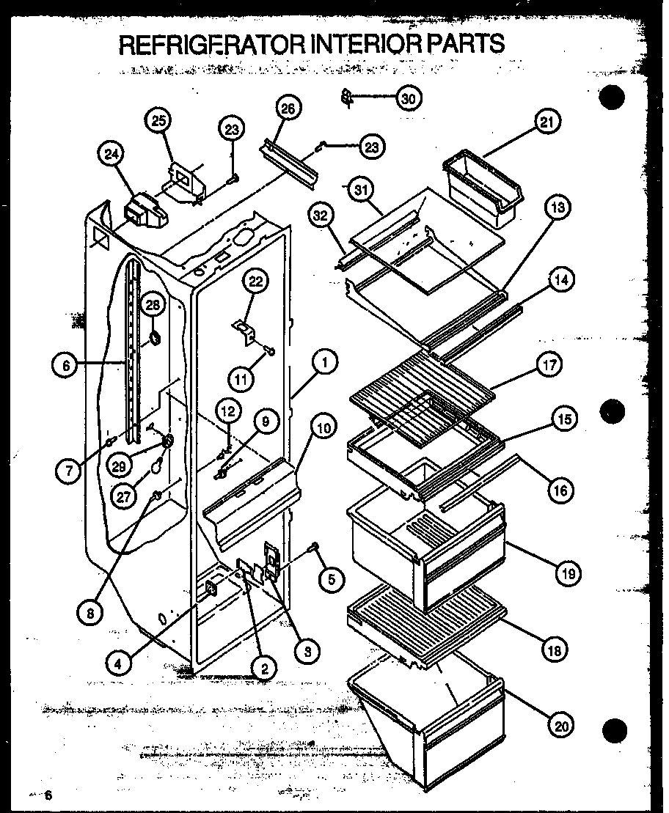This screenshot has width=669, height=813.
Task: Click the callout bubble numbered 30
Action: [x=409, y=98]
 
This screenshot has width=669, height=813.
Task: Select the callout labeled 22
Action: [x=257, y=282]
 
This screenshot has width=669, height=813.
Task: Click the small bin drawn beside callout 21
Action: [x=483, y=186]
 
